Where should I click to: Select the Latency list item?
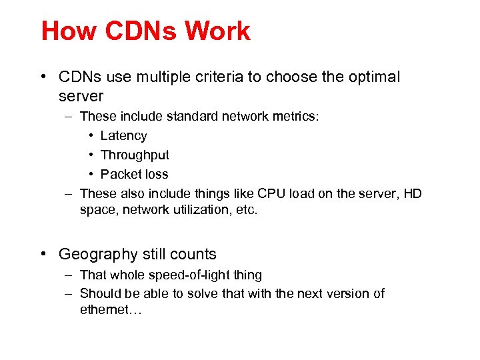click(123, 136)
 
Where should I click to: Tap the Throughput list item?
click(135, 155)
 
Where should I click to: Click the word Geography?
click(98, 255)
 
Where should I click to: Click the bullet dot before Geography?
click(43, 254)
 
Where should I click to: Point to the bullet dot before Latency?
click(91, 136)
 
